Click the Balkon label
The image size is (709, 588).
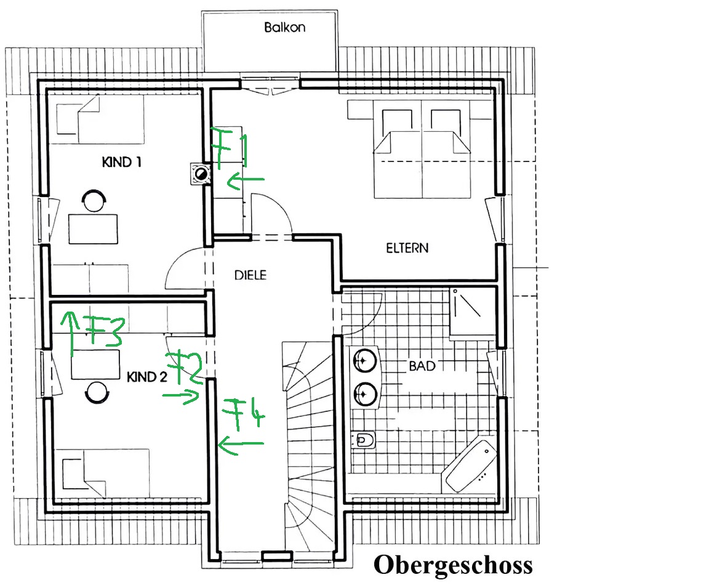(284, 27)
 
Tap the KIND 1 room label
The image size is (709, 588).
(122, 162)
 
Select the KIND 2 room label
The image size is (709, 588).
(147, 377)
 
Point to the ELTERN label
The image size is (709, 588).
(407, 248)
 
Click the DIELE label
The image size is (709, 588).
(250, 275)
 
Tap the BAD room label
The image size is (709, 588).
(422, 366)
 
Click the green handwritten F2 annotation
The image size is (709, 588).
(185, 366)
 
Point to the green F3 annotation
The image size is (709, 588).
(105, 330)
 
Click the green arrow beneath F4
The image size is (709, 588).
(241, 445)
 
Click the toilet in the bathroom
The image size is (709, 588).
(364, 439)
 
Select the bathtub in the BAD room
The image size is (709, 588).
(470, 466)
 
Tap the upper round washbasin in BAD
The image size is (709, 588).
(365, 361)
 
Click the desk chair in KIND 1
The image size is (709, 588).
(94, 200)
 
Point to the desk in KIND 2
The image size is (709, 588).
(96, 364)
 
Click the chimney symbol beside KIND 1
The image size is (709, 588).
(201, 174)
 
